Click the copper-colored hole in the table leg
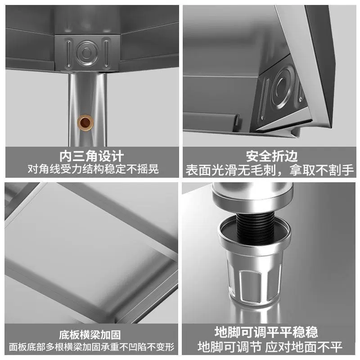[x=85, y=122]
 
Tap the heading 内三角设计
[x=92, y=156]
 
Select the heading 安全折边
[x=272, y=156]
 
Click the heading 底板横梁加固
[x=90, y=335]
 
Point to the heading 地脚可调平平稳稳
[x=266, y=332]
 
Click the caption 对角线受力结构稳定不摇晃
[x=93, y=169]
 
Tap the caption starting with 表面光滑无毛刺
[x=270, y=170]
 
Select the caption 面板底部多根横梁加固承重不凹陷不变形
[x=92, y=347]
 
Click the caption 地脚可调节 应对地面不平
[x=270, y=347]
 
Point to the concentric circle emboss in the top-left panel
[x=87, y=53]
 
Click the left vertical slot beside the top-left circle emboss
[x=69, y=53]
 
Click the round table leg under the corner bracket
[x=87, y=109]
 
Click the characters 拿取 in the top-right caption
[x=302, y=170]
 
